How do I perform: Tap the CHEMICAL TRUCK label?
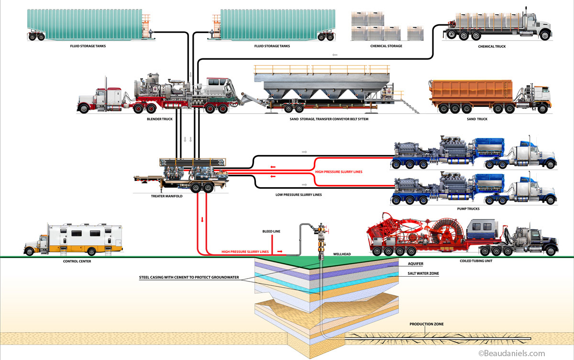491,46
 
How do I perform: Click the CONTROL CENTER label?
77,261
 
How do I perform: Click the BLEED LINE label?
271,231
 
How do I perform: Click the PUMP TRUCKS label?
468,209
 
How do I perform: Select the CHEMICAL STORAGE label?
386,46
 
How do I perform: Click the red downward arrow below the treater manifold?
202,220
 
